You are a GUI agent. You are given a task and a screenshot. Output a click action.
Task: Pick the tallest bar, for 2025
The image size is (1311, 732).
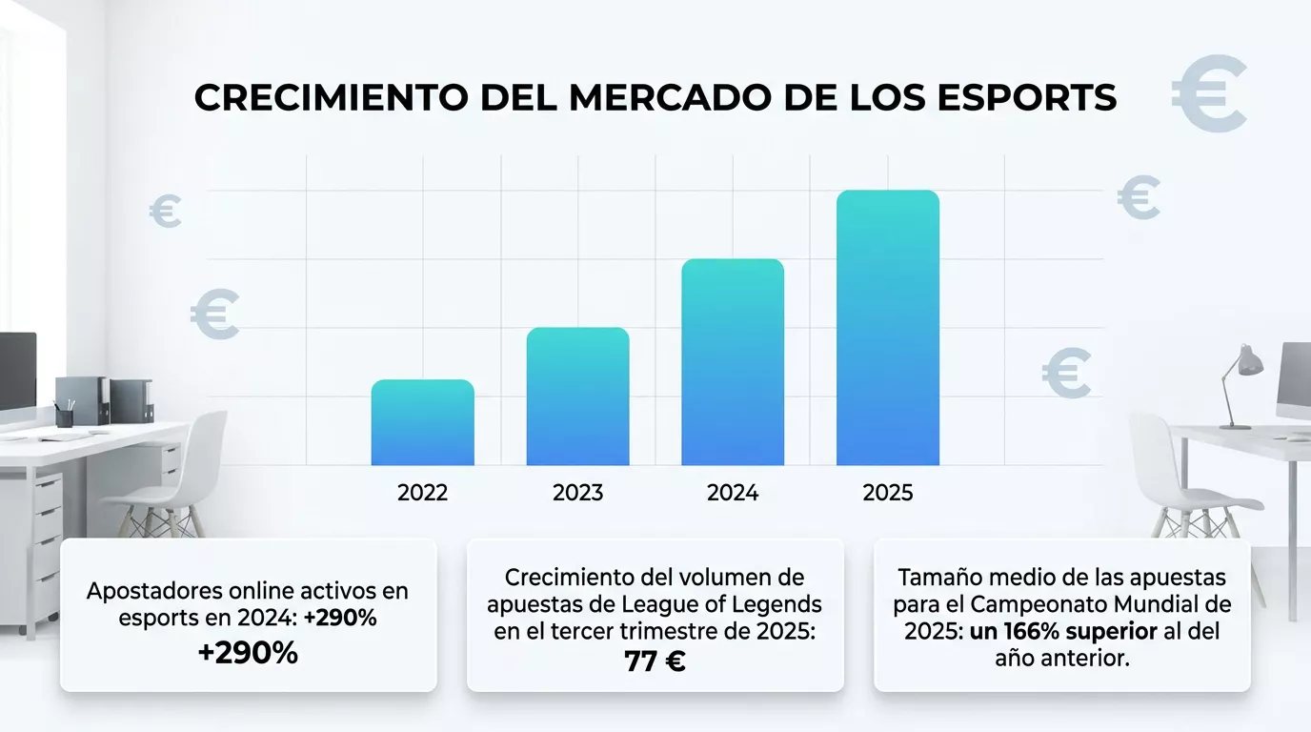tap(888, 328)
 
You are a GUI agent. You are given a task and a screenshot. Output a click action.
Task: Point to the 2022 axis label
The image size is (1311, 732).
tap(422, 493)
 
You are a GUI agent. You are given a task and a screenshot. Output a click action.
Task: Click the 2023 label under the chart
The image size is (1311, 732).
tap(577, 493)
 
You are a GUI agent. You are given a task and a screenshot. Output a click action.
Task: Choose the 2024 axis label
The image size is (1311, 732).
tap(733, 493)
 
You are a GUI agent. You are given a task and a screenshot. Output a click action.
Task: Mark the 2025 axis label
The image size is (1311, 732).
tap(888, 493)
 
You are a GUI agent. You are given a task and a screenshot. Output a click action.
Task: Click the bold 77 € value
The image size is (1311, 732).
tap(655, 661)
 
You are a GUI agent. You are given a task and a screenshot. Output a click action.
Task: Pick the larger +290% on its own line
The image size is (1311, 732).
tap(248, 653)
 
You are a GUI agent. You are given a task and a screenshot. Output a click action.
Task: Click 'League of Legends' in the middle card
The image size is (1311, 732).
tap(721, 604)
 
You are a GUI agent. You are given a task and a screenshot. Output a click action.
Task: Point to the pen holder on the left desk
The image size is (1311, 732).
tap(65, 416)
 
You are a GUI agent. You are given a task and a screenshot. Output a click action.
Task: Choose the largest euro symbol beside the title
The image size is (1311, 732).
tap(1208, 93)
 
